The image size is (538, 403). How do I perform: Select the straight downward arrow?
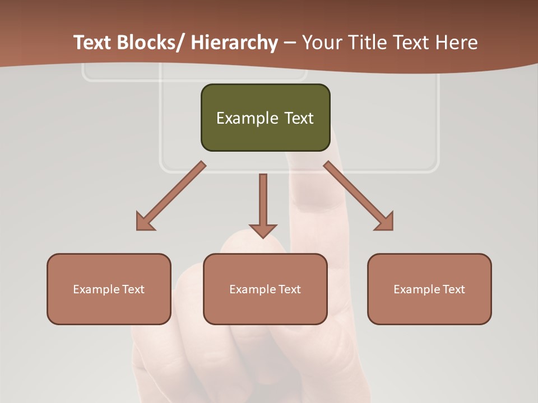[263, 204]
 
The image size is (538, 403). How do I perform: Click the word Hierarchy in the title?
[234, 43]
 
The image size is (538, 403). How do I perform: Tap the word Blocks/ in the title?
[150, 43]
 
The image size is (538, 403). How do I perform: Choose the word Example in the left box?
[96, 289]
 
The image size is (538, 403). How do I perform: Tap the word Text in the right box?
[453, 289]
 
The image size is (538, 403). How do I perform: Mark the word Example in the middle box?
[253, 289]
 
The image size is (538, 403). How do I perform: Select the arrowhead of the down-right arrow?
[384, 222]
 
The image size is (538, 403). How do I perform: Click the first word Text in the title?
[92, 43]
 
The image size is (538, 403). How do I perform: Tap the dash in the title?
[290, 43]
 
